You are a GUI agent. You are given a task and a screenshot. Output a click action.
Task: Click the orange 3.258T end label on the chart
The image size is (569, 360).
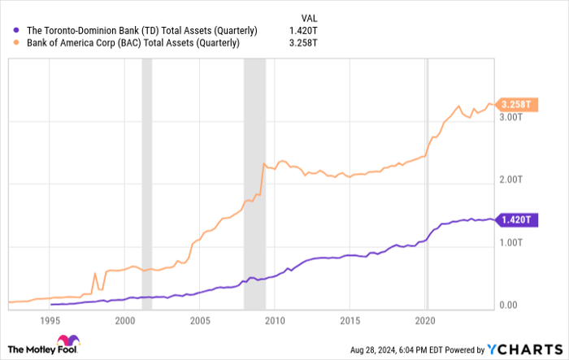(x=516, y=104)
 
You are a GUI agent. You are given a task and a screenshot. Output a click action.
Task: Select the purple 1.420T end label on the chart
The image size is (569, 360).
(x=515, y=219)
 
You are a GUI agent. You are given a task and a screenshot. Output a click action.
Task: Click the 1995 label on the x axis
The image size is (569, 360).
(x=50, y=319)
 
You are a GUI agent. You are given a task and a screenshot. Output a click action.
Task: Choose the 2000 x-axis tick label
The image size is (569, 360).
(x=125, y=319)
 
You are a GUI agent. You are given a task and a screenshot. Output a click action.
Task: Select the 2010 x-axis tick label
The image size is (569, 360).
(x=275, y=319)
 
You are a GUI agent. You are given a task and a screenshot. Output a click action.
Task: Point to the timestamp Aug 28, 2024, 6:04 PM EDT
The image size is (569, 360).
(x=415, y=350)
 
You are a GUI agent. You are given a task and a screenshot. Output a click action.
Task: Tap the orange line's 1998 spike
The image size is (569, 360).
(x=96, y=273)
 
